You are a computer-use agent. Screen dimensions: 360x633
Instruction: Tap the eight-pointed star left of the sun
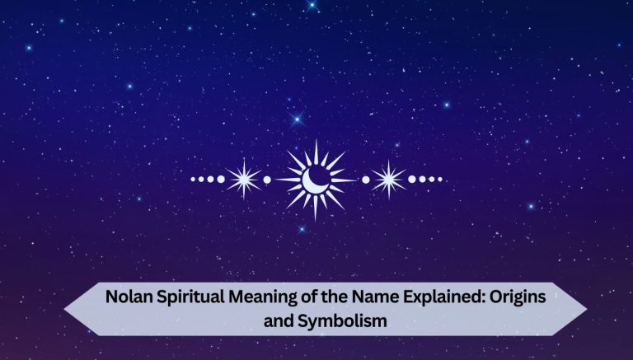pyautogui.click(x=244, y=179)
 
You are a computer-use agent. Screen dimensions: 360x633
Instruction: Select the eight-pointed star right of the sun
pyautogui.click(x=388, y=179)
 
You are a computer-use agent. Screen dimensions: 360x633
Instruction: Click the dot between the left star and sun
pyautogui.click(x=266, y=179)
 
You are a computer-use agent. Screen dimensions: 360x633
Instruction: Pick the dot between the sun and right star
pyautogui.click(x=365, y=179)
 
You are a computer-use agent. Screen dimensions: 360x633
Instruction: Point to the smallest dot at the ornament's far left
pyautogui.click(x=192, y=179)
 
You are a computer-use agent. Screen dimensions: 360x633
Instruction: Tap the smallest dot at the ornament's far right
pyautogui.click(x=441, y=179)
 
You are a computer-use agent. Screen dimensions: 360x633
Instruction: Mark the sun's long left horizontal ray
pyautogui.click(x=284, y=179)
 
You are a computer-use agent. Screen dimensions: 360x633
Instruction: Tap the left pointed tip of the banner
pyautogui.click(x=66, y=307)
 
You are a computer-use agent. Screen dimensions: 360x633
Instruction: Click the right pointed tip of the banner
pyautogui.click(x=586, y=307)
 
